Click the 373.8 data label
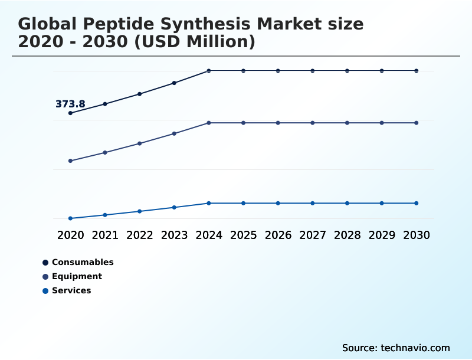tap(70, 104)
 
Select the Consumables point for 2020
tap(71, 113)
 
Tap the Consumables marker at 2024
tap(209, 71)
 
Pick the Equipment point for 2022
tap(140, 143)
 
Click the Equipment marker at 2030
tap(417, 123)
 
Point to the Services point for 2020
tap(71, 218)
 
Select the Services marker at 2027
tap(313, 203)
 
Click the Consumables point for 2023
tap(174, 83)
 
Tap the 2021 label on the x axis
tap(105, 235)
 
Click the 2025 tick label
tap(243, 235)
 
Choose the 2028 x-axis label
tap(347, 235)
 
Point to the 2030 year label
tap(417, 235)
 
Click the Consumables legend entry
tap(83, 262)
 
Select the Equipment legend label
tap(77, 276)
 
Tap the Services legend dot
tap(45, 290)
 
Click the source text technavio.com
tap(415, 348)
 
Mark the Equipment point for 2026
tap(278, 123)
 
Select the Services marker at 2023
tap(174, 207)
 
